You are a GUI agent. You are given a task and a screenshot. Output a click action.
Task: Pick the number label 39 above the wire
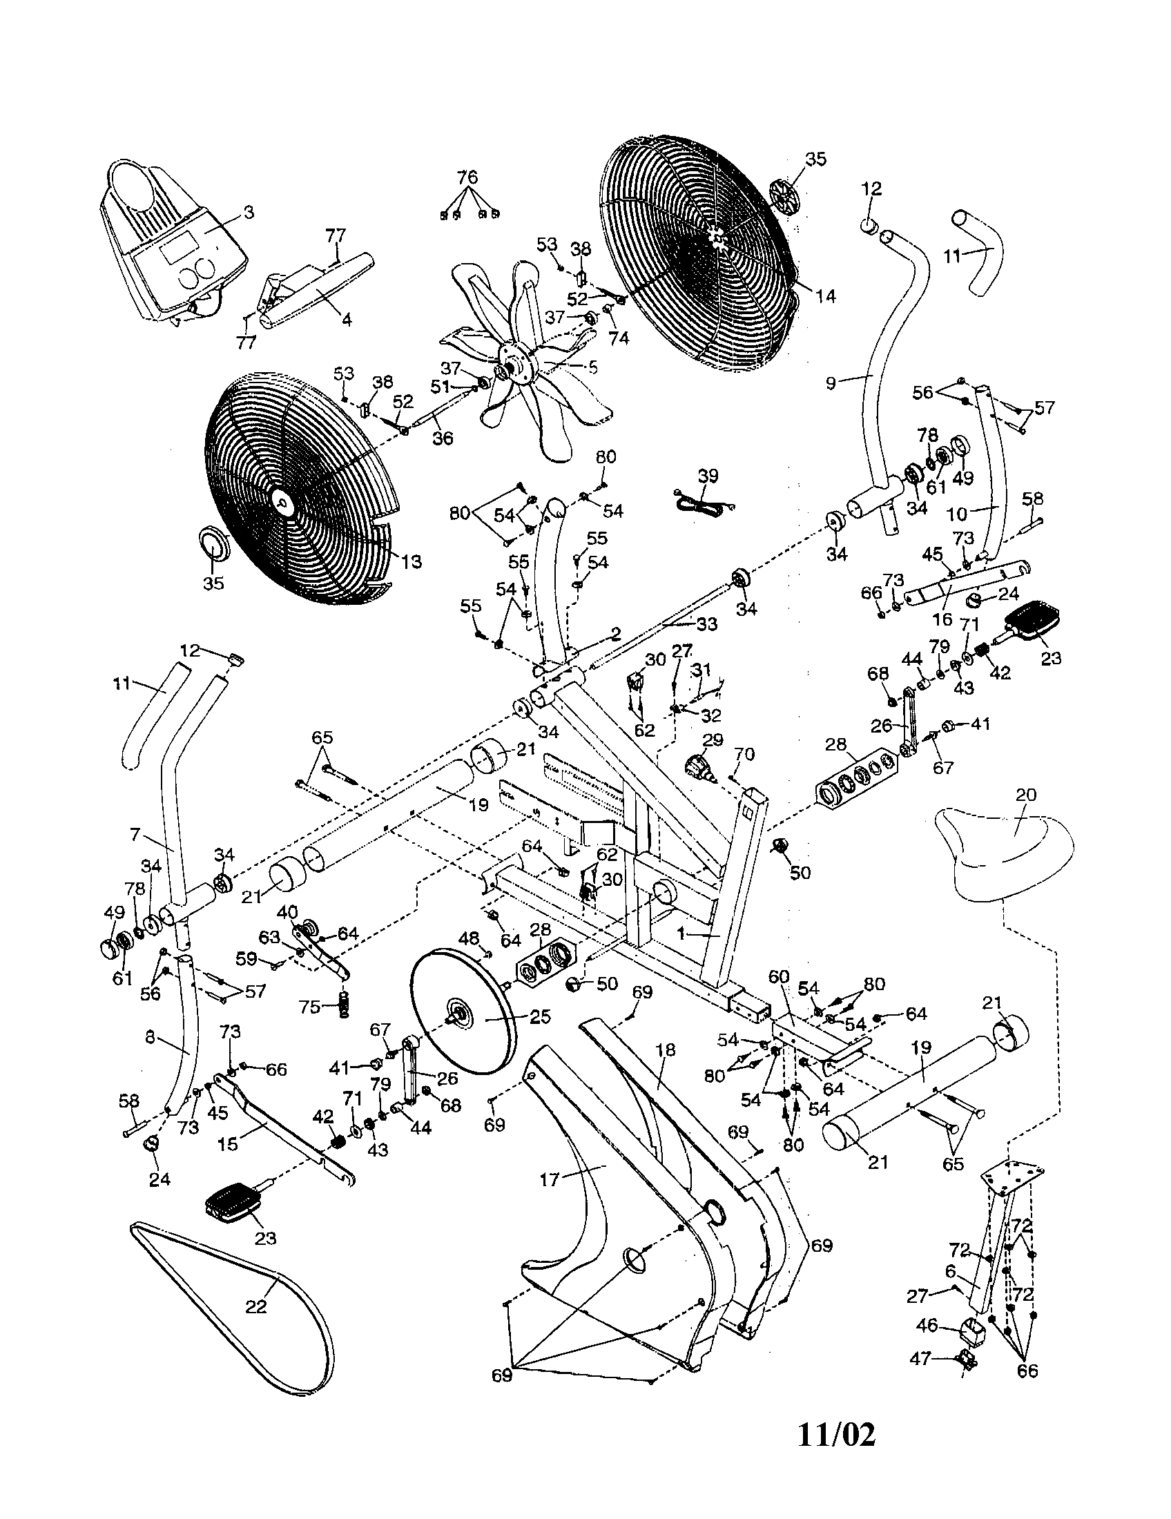pos(708,476)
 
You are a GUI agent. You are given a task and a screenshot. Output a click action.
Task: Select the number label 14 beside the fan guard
pos(825,296)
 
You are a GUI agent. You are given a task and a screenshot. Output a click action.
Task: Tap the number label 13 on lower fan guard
pos(412,561)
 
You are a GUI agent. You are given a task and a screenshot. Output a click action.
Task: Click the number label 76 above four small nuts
pos(468,176)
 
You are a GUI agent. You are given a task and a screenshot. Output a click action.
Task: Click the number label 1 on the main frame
pos(682,935)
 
